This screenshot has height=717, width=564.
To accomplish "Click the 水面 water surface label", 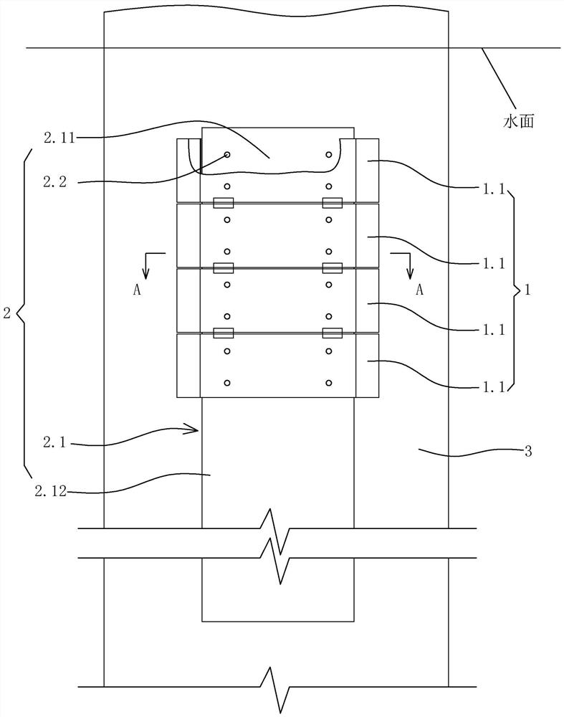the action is pos(519,122).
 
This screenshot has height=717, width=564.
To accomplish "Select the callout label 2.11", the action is pos(59,138).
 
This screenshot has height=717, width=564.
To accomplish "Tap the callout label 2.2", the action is pos(55,182).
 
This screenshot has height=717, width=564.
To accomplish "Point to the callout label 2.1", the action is pos(55,442).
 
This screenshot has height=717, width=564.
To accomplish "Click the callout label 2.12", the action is pos(51,492).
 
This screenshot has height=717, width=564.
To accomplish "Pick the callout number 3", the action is pos(528,452).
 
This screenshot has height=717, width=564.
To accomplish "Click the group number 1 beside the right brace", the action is pos(527,290).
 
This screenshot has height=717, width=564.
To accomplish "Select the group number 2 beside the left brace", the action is pos(7,313).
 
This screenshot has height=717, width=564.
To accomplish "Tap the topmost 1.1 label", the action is pos(494,189).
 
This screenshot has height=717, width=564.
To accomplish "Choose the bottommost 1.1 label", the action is pos(494,387).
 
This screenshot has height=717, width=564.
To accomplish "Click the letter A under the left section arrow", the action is pos(137,290).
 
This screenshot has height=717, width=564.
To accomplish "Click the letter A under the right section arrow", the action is pos(419,290).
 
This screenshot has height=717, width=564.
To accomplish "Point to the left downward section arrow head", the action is pos(145,275).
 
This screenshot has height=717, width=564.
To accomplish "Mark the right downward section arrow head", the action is pos(411,275).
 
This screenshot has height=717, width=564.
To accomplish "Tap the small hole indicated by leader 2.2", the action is pos(227,155).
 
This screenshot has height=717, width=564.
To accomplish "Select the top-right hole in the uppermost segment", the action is pos(329,155).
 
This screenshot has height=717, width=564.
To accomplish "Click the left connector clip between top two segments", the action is pos(224,203).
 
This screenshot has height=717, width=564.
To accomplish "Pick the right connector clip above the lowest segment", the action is pos(333,333).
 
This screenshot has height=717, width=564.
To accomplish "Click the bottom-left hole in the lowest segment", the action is pos(227,383).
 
